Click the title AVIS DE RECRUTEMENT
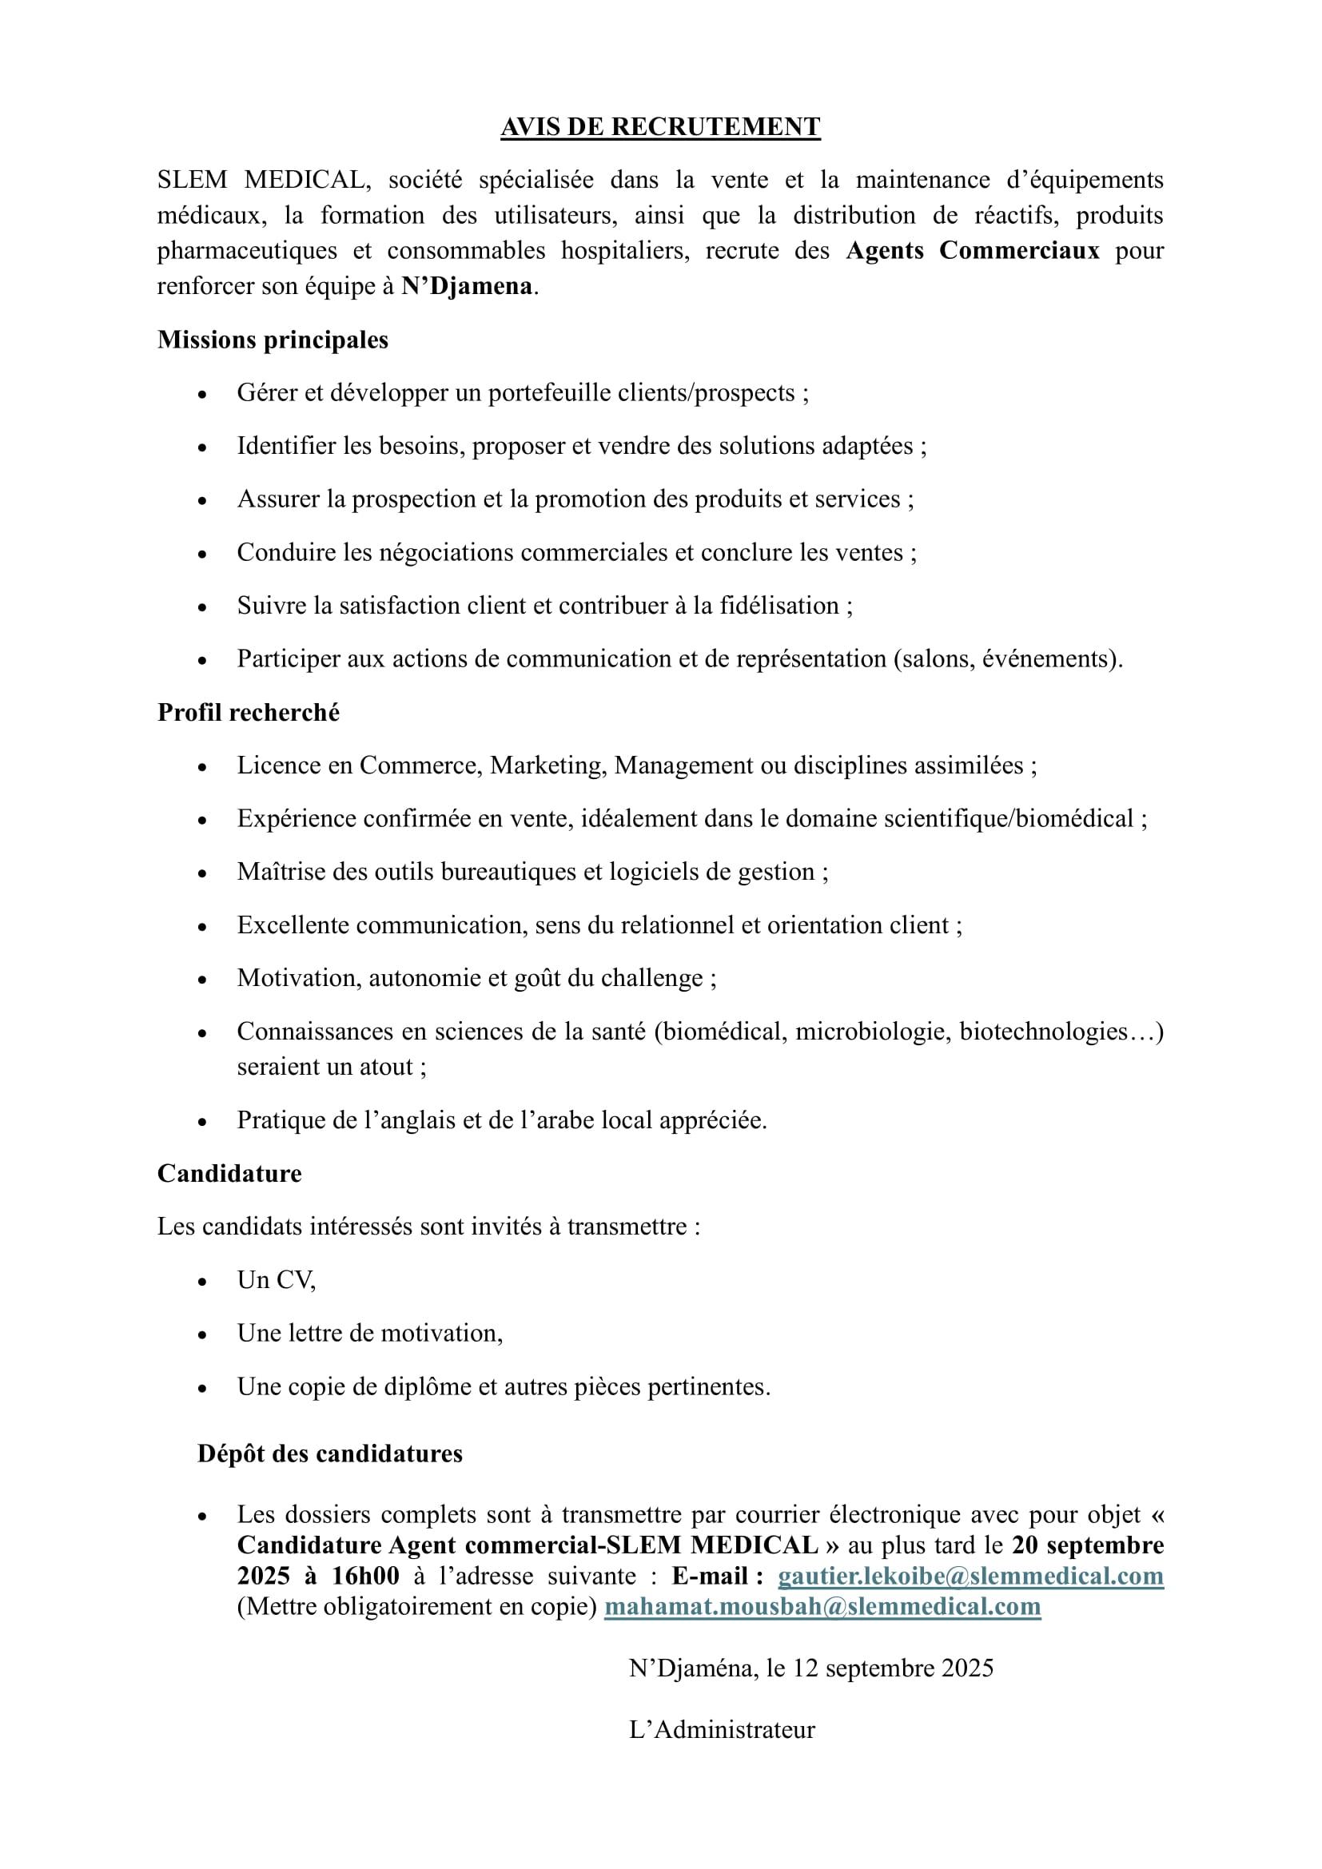click(660, 127)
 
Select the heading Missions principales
click(273, 340)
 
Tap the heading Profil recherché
click(249, 712)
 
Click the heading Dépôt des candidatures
click(329, 1453)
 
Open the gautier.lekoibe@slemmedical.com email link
click(970, 1576)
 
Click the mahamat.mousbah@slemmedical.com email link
click(822, 1606)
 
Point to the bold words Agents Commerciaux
click(973, 250)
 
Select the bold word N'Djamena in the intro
click(467, 287)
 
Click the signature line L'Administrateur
click(722, 1729)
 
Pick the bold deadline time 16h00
click(365, 1576)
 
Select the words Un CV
click(276, 1279)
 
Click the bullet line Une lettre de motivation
click(370, 1333)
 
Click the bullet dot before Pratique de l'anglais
click(203, 1122)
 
